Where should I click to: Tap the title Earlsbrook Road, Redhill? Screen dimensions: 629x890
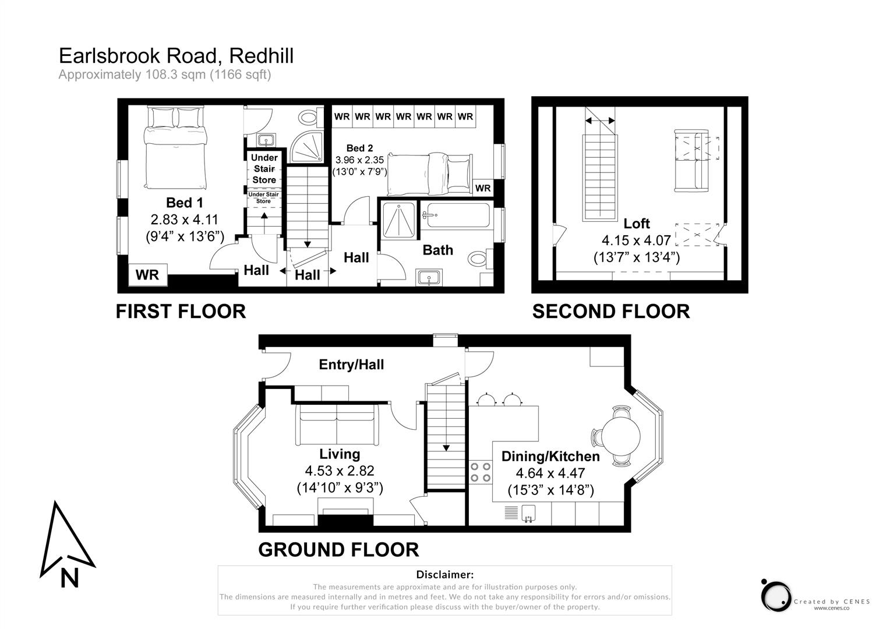[176, 56]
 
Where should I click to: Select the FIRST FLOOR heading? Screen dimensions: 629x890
[181, 312]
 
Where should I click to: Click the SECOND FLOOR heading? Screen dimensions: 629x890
[610, 312]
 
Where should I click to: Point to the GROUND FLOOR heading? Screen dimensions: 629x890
[338, 549]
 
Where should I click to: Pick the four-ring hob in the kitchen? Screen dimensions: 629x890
[480, 472]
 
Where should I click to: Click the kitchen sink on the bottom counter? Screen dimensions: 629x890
[529, 513]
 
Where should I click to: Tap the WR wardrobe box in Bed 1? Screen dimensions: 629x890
[147, 275]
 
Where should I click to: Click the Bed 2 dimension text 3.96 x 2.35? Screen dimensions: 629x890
[359, 160]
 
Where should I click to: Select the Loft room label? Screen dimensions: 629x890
[636, 223]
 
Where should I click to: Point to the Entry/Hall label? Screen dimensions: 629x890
[351, 365]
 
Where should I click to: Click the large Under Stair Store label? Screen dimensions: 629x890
[264, 169]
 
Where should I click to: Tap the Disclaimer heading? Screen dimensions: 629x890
[444, 575]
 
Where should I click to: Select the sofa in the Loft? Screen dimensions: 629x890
[691, 160]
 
